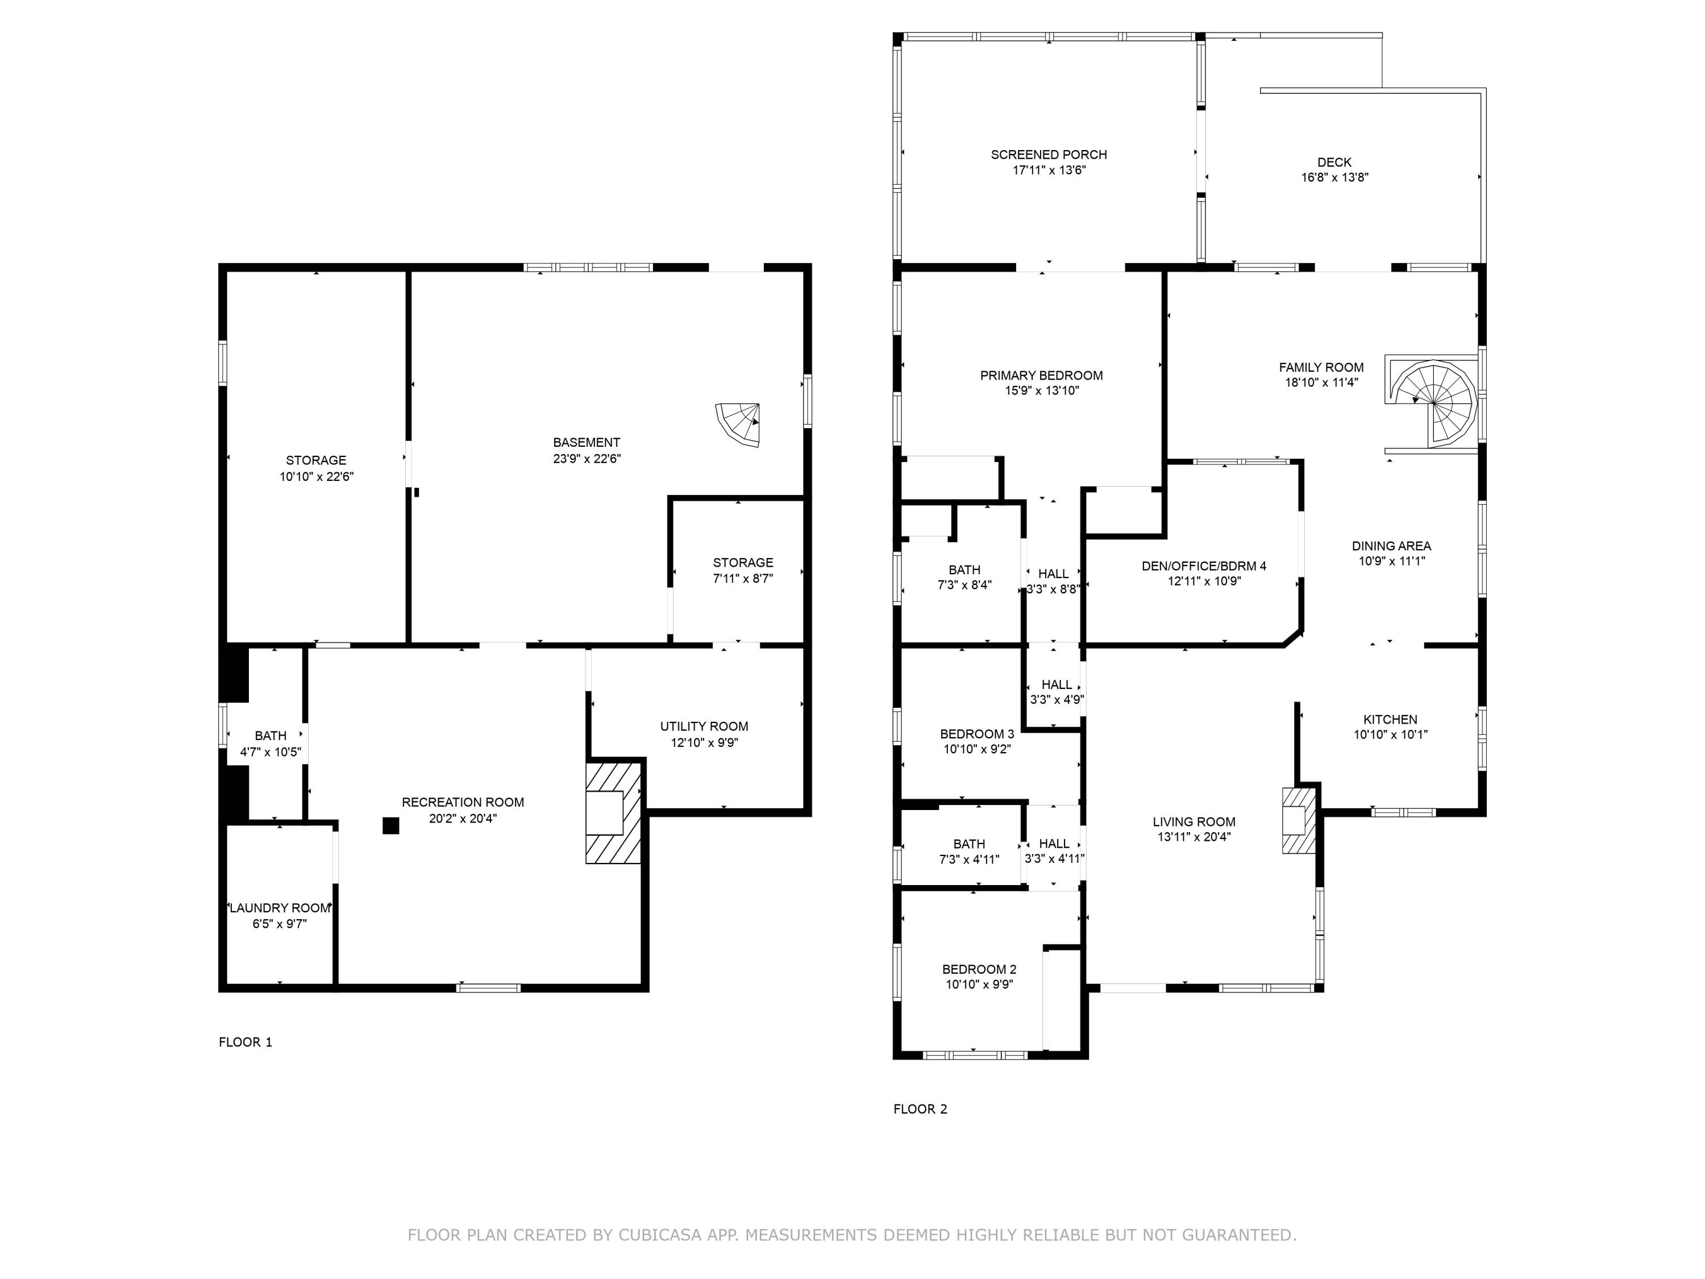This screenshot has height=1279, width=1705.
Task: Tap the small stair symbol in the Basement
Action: click(x=740, y=423)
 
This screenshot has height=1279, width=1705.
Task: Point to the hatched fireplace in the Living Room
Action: click(x=1299, y=820)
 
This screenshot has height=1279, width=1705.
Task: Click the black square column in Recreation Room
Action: click(x=391, y=826)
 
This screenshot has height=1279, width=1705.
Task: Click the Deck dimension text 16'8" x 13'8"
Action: click(x=1334, y=177)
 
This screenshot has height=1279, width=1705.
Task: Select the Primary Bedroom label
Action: click(x=1041, y=375)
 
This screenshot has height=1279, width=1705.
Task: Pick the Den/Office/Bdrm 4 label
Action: click(x=1203, y=566)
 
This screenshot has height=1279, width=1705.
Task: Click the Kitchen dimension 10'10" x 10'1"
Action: click(x=1391, y=734)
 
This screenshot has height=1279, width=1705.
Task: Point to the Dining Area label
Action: click(x=1391, y=546)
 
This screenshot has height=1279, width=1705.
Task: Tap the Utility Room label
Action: click(x=704, y=726)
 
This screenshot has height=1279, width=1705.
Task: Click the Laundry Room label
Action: click(x=280, y=908)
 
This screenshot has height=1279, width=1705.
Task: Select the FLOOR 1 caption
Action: click(x=245, y=1043)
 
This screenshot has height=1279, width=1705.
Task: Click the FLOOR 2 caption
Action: click(x=920, y=1110)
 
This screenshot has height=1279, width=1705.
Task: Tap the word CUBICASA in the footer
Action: click(x=659, y=1235)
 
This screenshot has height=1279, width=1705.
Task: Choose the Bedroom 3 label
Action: click(x=976, y=734)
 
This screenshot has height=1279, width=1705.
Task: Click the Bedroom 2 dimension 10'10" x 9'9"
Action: click(x=979, y=985)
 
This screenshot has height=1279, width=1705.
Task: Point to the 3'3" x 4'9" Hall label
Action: click(x=1056, y=700)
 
